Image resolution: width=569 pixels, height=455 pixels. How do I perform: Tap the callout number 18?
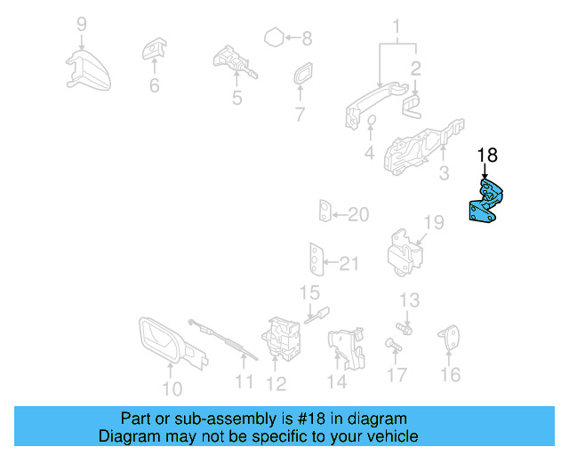tap(486, 156)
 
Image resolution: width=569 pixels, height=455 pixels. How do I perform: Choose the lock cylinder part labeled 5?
tap(232, 62)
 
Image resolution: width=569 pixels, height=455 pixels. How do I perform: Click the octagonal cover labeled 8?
tap(276, 38)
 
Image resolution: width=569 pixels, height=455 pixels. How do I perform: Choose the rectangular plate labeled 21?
tap(316, 259)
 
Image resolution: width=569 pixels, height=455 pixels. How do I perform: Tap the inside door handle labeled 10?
tap(164, 342)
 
